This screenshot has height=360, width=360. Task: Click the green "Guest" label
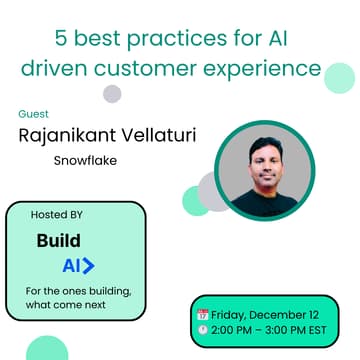pyautogui.click(x=34, y=113)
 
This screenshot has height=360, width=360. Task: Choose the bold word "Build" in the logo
pyautogui.click(x=58, y=241)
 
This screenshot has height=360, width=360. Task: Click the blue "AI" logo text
pyautogui.click(x=71, y=266)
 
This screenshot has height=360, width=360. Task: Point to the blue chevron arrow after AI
pyautogui.click(x=89, y=266)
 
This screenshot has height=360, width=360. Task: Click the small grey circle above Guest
pyautogui.click(x=112, y=94)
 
